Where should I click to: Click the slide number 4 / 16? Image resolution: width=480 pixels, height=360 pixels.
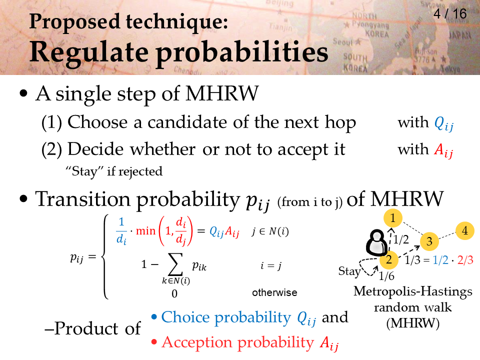click(x=450, y=13)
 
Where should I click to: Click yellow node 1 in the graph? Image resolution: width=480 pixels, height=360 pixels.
click(x=393, y=218)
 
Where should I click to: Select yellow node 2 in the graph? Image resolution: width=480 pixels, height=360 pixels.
click(x=389, y=259)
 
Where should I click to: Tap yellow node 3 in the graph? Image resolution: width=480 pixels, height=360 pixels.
click(x=429, y=241)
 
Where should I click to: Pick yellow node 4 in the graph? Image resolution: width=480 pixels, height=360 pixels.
click(x=465, y=230)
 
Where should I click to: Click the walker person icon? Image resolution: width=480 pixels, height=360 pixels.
click(x=376, y=242)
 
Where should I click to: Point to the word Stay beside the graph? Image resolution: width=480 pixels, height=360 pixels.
click(x=349, y=271)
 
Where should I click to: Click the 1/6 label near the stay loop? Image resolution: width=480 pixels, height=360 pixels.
click(x=386, y=276)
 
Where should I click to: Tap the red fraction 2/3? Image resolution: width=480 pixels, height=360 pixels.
click(x=465, y=260)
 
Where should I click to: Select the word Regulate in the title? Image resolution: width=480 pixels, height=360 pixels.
click(x=89, y=52)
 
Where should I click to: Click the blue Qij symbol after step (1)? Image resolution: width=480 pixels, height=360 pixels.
click(x=444, y=123)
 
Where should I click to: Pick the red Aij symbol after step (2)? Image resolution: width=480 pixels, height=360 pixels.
click(x=443, y=150)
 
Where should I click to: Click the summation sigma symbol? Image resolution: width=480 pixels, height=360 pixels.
click(x=175, y=264)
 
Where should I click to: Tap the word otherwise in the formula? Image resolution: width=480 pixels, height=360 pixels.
click(x=274, y=292)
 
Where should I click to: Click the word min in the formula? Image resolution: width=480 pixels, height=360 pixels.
click(x=145, y=230)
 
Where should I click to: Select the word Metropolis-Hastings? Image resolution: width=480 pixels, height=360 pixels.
click(x=413, y=291)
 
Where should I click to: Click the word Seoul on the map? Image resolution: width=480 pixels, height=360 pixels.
click(x=342, y=41)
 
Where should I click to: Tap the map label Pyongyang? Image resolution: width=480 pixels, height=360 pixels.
click(x=370, y=24)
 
